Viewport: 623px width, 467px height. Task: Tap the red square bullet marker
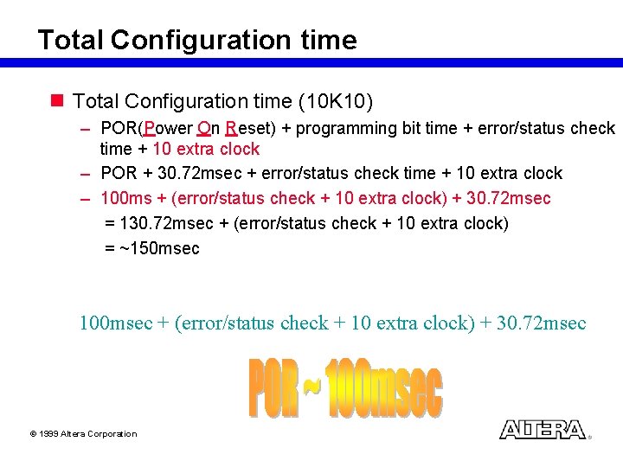click(x=58, y=101)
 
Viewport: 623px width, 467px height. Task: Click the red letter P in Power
click(x=150, y=129)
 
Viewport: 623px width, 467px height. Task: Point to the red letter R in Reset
click(x=231, y=129)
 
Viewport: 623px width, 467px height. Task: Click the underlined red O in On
click(x=203, y=129)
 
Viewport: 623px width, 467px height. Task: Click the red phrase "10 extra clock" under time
click(x=206, y=149)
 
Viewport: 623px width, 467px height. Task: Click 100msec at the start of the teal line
click(x=116, y=323)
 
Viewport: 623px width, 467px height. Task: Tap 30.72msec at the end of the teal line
click(x=542, y=323)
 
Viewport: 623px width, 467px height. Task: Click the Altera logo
click(x=542, y=429)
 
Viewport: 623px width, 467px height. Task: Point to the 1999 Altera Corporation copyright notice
click(x=83, y=434)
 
